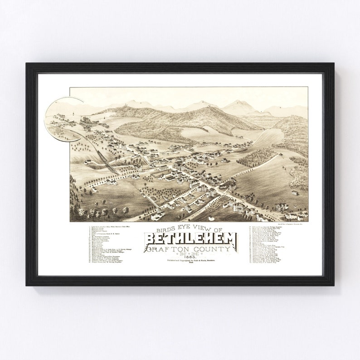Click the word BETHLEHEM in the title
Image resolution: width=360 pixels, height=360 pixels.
pos(190,239)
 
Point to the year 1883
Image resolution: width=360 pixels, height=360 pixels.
pos(190,258)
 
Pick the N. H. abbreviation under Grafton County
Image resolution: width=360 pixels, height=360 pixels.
pos(190,254)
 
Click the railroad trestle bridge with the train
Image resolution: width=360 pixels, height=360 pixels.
pos(105,161)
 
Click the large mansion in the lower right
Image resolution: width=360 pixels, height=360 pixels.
pos(282,207)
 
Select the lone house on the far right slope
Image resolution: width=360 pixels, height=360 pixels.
pos(295,192)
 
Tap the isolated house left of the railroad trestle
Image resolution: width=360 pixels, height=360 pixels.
pos(88,161)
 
